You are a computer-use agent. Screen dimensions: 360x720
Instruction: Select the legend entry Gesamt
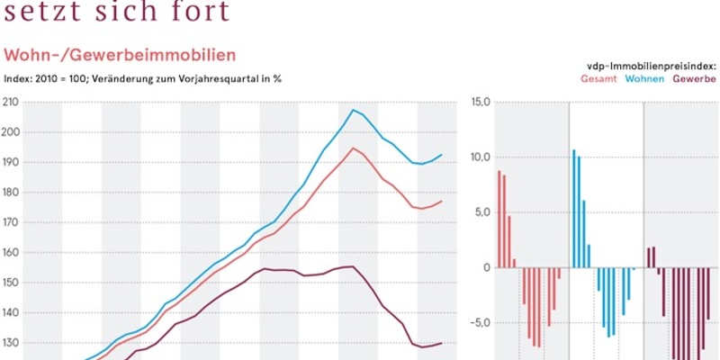coord(598,79)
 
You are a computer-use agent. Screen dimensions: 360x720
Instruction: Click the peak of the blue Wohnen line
coord(354,110)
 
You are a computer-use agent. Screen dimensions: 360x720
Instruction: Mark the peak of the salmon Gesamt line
coord(354,148)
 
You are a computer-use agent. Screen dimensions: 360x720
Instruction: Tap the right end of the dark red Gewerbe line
coord(441,343)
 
